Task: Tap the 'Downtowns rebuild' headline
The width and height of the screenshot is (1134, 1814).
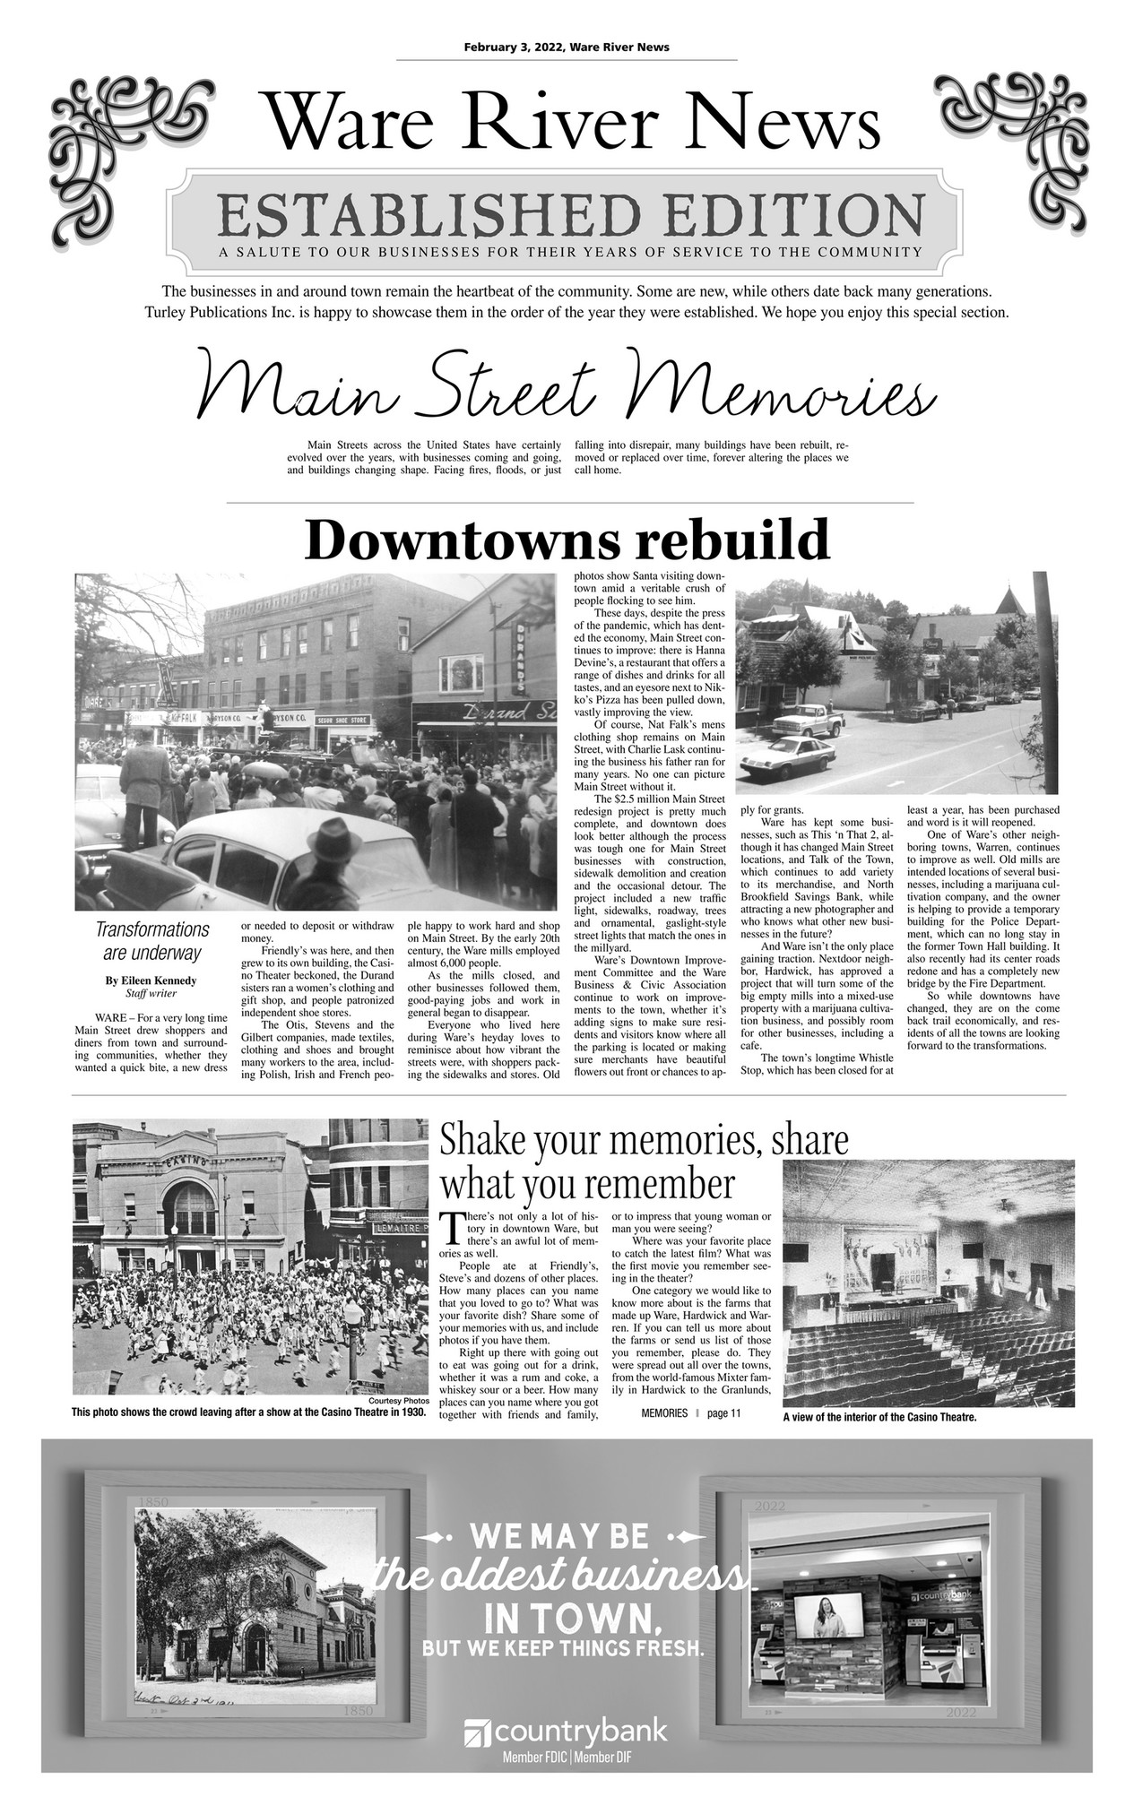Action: coord(567,540)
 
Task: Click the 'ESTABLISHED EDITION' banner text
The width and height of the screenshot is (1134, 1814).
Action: coord(570,213)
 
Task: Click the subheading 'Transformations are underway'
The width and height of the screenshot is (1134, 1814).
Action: coord(152,940)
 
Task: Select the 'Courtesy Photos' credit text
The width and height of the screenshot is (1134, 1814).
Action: coord(398,1401)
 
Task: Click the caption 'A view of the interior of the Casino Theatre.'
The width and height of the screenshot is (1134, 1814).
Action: coord(879,1418)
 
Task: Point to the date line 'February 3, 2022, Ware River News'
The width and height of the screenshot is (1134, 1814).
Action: coord(567,48)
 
